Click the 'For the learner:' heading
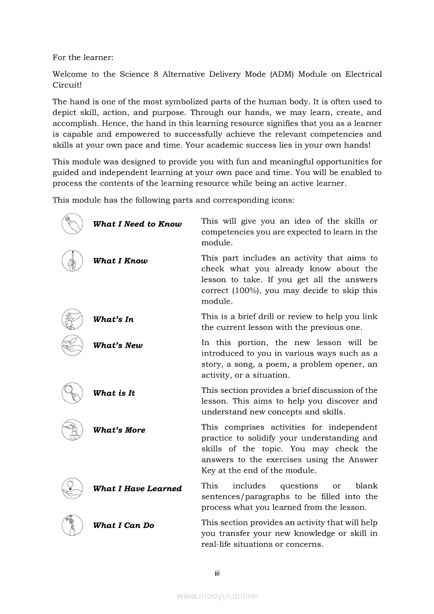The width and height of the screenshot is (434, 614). point(83,57)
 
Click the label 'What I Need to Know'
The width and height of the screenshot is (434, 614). point(137,224)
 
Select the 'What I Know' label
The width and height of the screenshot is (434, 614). point(120,261)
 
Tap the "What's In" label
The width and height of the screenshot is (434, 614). point(113,319)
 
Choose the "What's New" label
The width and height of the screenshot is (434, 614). point(118,346)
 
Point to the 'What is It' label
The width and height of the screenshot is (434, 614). point(114,393)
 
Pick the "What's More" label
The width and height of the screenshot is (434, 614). point(119,430)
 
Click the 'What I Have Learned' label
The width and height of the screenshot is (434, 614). point(137,488)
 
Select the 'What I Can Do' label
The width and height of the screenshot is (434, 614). point(123,525)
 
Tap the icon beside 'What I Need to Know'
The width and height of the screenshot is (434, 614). point(72,224)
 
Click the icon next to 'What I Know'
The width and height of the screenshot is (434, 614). point(72,261)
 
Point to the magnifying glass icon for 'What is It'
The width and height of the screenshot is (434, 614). point(72,393)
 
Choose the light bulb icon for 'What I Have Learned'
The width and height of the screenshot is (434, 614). point(72,488)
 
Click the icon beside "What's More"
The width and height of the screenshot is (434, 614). point(72,430)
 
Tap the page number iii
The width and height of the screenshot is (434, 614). point(216,573)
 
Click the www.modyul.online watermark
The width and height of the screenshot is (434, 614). point(217,596)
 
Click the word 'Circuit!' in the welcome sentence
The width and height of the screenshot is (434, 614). point(67,85)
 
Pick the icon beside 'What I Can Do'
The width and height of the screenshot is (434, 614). point(72,525)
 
